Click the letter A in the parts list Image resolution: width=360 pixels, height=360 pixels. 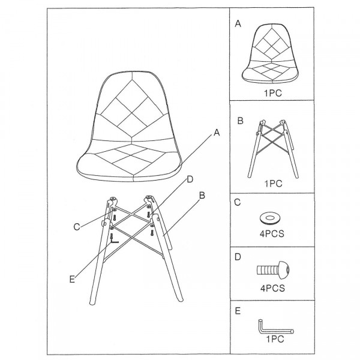click(238, 23)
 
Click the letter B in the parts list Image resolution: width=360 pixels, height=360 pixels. click(240, 121)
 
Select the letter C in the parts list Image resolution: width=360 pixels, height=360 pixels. click(238, 202)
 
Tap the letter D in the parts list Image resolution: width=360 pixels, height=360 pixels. click(238, 257)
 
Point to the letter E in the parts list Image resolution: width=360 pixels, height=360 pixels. click(238, 311)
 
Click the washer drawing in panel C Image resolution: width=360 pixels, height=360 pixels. click(271, 218)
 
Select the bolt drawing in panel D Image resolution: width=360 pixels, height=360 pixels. click(273, 270)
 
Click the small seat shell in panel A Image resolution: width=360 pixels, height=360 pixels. click(271, 53)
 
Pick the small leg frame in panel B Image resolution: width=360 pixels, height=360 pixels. click(273, 149)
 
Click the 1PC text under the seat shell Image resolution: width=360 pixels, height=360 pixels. click(273, 93)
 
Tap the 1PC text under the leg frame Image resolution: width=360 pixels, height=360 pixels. click(273, 184)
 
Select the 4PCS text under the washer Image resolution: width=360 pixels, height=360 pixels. click(272, 234)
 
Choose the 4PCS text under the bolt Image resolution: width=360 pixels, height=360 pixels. click(272, 288)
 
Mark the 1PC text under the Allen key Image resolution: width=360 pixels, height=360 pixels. click(275, 339)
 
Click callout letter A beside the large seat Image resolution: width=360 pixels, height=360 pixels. click(217, 133)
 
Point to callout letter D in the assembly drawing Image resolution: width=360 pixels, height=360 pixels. click(190, 179)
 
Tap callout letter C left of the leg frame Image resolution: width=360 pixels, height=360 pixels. click(77, 227)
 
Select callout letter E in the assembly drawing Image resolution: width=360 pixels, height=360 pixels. click(72, 280)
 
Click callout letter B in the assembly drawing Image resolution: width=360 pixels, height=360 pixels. click(202, 196)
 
